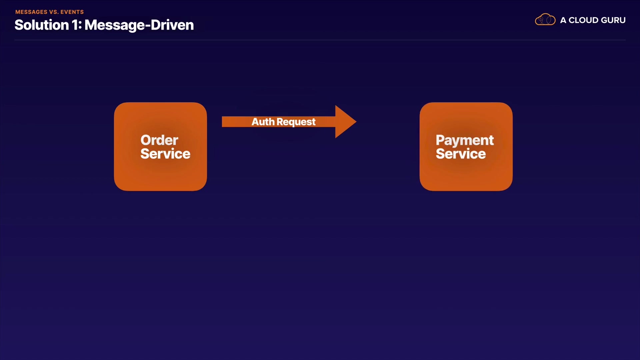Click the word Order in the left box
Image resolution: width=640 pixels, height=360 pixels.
pos(159,140)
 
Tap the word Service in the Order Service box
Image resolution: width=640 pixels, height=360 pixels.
pos(165,154)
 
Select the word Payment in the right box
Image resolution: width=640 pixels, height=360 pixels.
pos(465,140)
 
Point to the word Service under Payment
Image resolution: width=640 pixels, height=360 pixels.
pos(461,154)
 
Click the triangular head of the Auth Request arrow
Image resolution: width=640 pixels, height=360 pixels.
pos(345,122)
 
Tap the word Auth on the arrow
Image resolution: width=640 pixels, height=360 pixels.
pos(263,122)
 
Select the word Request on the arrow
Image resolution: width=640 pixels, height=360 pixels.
pos(296,122)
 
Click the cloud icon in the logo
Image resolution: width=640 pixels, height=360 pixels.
pos(545,20)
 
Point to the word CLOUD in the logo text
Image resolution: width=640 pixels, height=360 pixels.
pos(583,20)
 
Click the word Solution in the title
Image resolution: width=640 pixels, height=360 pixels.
pos(42,25)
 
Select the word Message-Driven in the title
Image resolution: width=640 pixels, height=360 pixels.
pos(139,25)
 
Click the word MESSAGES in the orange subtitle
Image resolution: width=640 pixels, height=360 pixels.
pos(31,12)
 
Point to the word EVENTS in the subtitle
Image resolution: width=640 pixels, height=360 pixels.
pos(72,12)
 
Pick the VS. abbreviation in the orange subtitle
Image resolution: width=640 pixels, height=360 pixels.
pos(54,12)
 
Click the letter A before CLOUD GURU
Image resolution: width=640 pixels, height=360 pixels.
pos(563,20)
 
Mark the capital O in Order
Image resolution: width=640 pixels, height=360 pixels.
pos(145,140)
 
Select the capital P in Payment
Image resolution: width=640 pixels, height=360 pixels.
pos(440,140)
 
